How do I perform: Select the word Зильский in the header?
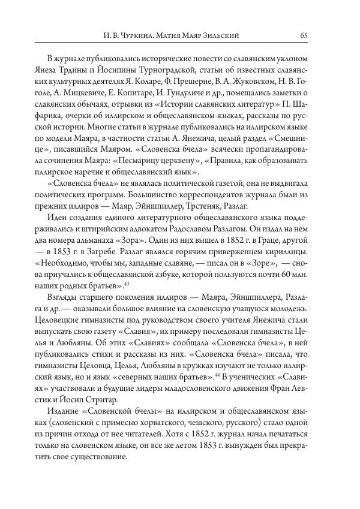(223, 36)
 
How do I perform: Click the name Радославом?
(227, 230)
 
